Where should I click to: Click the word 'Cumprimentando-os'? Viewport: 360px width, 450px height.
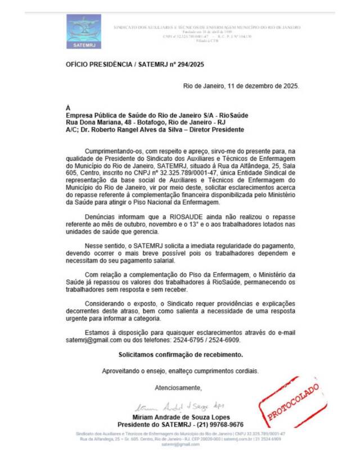click(111, 151)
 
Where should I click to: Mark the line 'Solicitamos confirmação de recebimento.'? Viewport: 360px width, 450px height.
click(181, 354)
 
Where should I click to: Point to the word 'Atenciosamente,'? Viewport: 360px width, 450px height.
click(178, 388)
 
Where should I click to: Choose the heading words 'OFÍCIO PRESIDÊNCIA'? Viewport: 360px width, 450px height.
click(98, 65)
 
